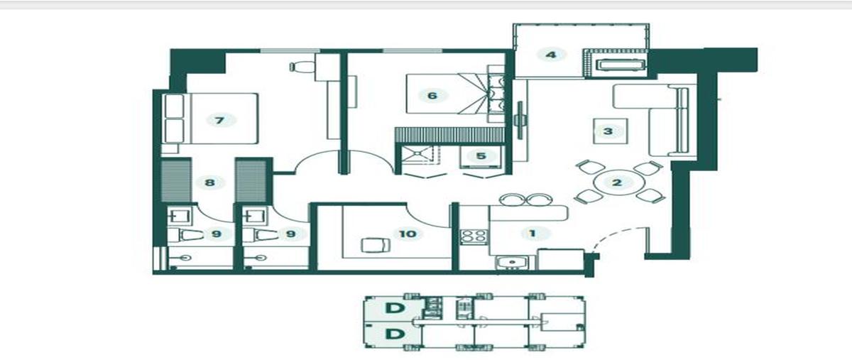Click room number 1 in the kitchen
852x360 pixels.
pos(533,234)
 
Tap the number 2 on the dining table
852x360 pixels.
pos(616,182)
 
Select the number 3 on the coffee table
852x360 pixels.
pos(608,131)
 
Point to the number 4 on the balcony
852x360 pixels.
pos(551,55)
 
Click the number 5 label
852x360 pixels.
pos(481,156)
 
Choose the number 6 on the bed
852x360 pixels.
pos(432,96)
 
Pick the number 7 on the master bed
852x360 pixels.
pos(219,121)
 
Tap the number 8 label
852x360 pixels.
pos(209,182)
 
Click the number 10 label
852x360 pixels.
pos(408,234)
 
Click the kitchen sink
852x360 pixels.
pos(512,263)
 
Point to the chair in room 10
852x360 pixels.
pos(376,245)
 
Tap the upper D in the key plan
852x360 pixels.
pos(394,308)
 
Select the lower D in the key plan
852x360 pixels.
pos(394,334)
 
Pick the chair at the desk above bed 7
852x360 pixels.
pos(302,67)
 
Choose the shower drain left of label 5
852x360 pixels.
pos(418,153)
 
